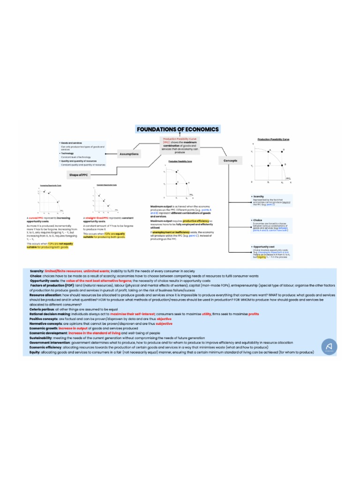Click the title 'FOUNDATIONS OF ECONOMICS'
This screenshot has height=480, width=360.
coord(177,129)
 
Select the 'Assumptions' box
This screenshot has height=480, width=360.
coord(129,154)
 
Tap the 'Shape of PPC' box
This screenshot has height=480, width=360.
coord(78,175)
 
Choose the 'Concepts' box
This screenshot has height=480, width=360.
coord(230,161)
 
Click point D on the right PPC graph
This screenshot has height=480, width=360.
coord(283,150)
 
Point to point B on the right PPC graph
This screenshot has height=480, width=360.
coord(285,165)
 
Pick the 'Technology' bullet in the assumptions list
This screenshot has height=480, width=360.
coord(67,153)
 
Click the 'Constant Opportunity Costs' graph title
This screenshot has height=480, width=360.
coord(106,185)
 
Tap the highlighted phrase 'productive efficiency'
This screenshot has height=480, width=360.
coord(195,221)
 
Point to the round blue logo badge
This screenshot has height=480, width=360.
coord(330,347)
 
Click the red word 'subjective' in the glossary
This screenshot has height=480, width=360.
coord(164,324)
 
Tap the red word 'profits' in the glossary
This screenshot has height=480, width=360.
coord(254,314)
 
